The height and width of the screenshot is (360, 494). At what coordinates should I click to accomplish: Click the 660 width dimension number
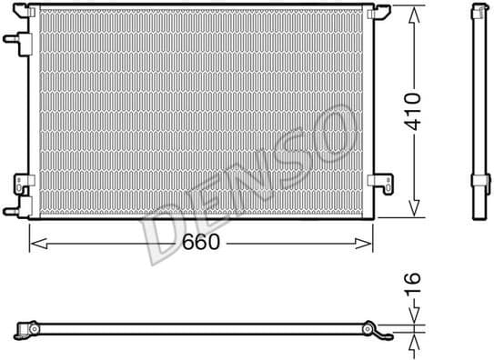click(x=201, y=243)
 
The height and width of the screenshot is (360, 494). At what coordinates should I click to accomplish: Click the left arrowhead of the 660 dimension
click(x=35, y=243)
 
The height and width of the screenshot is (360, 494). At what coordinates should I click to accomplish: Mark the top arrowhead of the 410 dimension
click(x=414, y=11)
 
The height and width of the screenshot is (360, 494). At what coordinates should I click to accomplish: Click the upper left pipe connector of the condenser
click(x=12, y=40)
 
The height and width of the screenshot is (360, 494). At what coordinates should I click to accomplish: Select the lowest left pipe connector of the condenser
click(x=12, y=211)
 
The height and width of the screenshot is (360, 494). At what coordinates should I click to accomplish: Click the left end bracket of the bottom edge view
click(x=28, y=326)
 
